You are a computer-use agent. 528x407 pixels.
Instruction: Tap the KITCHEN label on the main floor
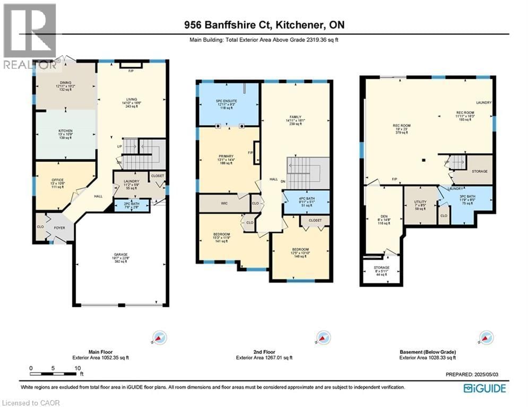(65, 130)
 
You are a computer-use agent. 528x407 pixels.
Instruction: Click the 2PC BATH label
(132, 203)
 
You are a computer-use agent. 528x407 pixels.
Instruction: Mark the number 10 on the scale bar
(77, 367)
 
